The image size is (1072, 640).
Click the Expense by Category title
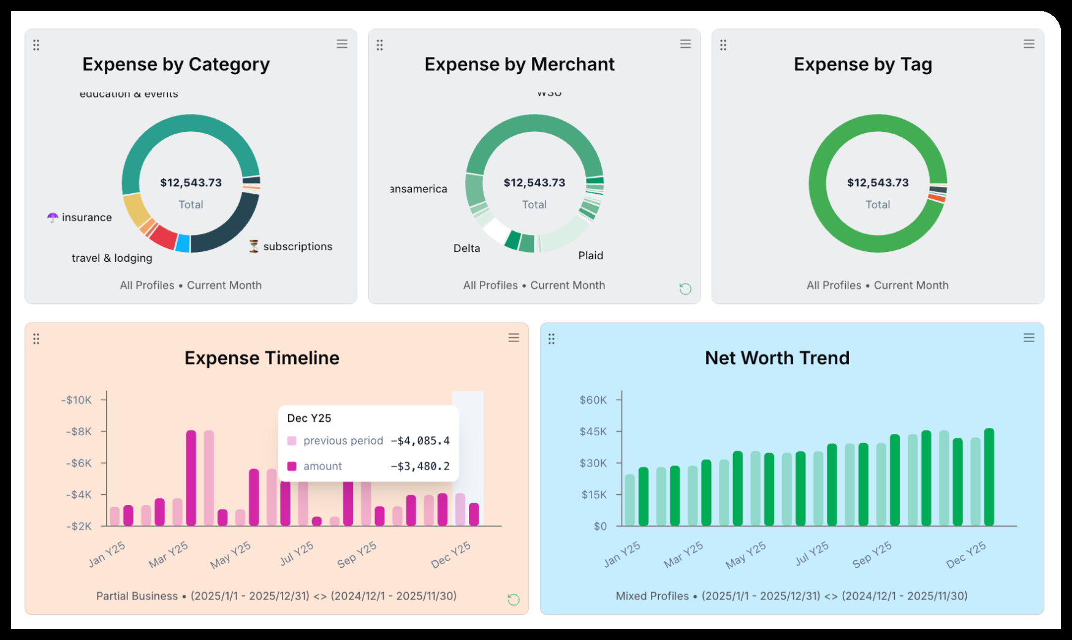coord(176,64)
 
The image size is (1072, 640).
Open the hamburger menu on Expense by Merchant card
coord(685,44)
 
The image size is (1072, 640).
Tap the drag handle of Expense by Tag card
coord(723,45)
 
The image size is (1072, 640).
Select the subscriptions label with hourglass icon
coord(297,246)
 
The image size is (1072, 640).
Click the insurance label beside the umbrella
coord(86,218)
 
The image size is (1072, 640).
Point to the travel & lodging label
coord(112,258)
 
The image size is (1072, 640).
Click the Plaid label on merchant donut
coord(590,256)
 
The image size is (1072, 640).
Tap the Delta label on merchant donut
coord(466,248)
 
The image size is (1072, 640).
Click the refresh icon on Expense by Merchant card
coord(685,289)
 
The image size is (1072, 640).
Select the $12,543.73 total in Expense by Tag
coord(878,183)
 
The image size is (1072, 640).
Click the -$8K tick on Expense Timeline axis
coord(79,432)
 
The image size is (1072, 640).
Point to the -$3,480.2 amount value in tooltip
coord(420,467)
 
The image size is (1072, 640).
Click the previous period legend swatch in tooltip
coord(292,441)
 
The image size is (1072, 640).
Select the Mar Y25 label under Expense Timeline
coord(169,554)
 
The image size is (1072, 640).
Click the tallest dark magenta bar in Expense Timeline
coord(191,478)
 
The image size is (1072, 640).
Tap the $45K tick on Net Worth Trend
coord(593,432)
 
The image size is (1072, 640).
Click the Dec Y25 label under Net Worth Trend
coord(965,554)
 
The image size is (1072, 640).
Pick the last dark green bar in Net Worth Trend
coord(989,477)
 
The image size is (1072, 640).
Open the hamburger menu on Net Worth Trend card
coord(1028,338)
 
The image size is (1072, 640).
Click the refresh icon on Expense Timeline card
coord(514,600)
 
